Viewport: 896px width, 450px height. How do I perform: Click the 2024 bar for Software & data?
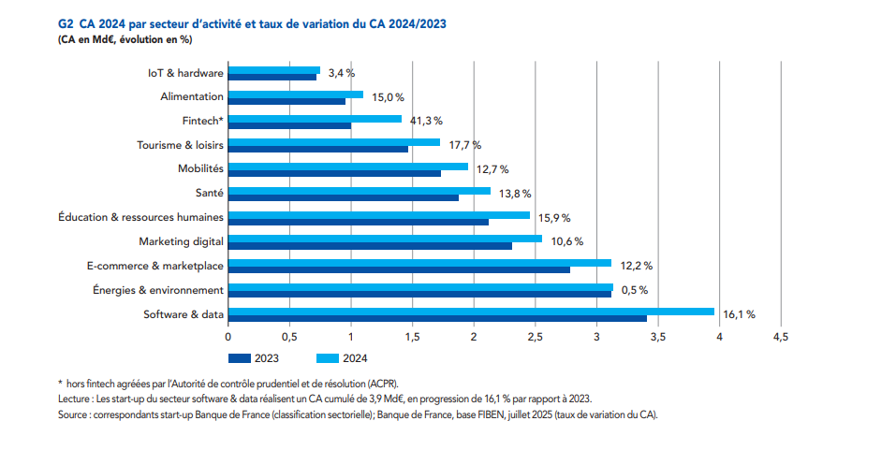point(471,312)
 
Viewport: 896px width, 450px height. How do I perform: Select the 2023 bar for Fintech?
point(289,125)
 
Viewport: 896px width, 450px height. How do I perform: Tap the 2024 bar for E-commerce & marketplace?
point(419,263)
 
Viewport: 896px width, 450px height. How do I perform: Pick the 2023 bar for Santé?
point(344,197)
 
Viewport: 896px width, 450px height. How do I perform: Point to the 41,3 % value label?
point(425,121)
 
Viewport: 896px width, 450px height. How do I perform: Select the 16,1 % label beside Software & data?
point(738,314)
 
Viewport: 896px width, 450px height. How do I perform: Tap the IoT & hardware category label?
point(185,73)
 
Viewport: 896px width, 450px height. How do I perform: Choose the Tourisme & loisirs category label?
point(180,145)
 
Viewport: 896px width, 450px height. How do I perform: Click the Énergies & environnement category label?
point(158,290)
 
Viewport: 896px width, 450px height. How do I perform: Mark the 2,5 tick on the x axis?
point(536,337)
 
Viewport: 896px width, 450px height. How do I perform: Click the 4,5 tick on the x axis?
point(780,337)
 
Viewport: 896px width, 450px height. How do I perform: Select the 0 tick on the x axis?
point(228,337)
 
